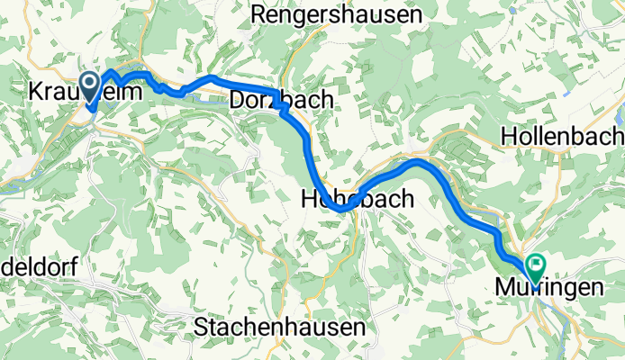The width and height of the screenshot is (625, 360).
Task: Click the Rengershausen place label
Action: tap(336, 15)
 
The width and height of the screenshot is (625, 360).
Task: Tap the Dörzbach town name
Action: tap(282, 99)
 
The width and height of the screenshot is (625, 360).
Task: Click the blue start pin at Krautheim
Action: tap(90, 86)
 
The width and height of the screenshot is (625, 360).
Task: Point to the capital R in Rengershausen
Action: tap(260, 15)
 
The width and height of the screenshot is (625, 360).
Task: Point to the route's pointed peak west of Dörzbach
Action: tap(210, 77)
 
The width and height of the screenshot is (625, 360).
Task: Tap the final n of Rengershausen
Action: tap(416, 15)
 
